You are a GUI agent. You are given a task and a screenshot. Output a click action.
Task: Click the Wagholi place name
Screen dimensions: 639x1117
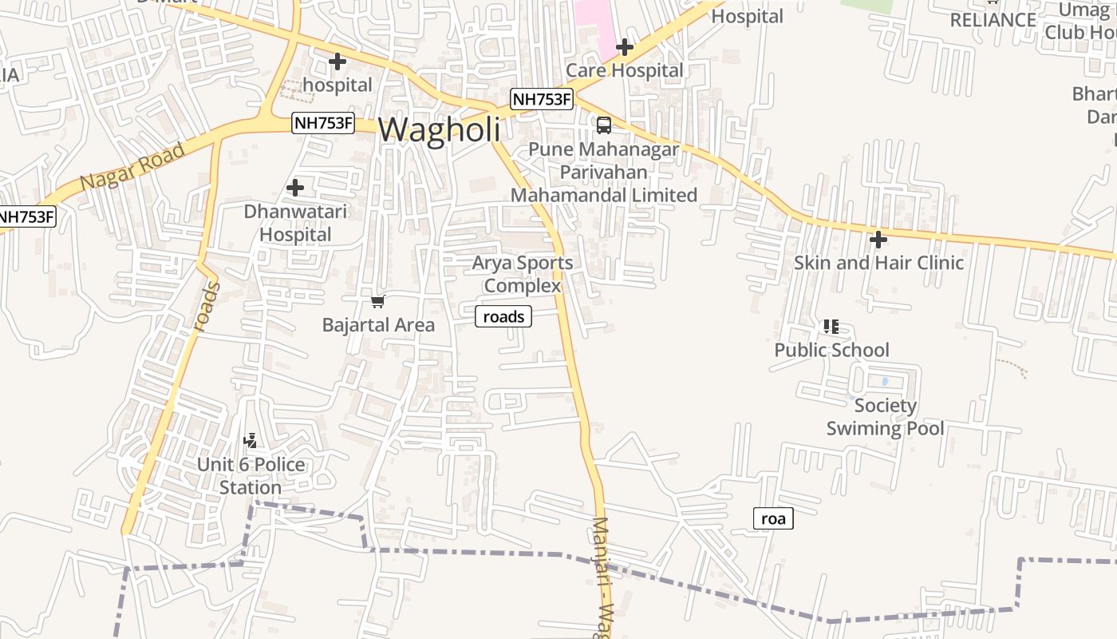tap(440, 129)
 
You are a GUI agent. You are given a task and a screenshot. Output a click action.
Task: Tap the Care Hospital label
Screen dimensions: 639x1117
tap(624, 70)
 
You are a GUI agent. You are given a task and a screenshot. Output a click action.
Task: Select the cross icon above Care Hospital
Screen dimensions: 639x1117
tap(624, 47)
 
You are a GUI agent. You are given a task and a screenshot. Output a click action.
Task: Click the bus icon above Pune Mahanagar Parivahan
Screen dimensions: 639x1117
tap(604, 125)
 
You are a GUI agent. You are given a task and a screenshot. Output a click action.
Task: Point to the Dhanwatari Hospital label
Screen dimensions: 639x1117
tap(295, 223)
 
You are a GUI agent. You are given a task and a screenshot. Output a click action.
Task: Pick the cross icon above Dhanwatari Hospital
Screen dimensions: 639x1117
tap(295, 188)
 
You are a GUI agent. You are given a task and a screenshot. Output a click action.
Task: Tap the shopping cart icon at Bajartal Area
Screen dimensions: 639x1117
tap(378, 301)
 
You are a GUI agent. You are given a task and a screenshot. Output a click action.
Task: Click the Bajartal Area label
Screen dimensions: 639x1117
tap(378, 325)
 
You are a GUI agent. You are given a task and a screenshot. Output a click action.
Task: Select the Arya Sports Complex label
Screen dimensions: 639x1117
tap(523, 274)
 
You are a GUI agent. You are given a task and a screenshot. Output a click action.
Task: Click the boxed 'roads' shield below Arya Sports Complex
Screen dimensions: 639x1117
tap(503, 317)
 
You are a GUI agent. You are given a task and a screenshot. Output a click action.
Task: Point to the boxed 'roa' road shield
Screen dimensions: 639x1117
tap(773, 519)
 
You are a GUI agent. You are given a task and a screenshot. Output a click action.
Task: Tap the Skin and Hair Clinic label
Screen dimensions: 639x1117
tap(878, 263)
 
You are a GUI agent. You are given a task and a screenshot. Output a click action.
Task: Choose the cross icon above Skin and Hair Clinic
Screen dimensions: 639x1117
tap(878, 239)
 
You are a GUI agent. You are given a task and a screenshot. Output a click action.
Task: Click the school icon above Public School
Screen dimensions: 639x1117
tap(831, 327)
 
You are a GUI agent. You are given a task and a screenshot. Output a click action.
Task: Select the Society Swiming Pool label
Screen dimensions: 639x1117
tap(885, 417)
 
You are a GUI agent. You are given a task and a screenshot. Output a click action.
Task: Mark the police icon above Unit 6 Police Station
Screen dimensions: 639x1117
tap(251, 440)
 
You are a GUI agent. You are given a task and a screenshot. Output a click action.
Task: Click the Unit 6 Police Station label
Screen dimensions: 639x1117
tap(251, 476)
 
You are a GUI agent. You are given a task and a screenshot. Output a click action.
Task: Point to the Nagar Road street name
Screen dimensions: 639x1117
tap(132, 166)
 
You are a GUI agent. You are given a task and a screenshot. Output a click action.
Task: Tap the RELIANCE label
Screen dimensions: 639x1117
tap(993, 20)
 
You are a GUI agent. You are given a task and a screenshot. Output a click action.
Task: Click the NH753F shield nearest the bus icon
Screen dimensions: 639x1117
tap(542, 100)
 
